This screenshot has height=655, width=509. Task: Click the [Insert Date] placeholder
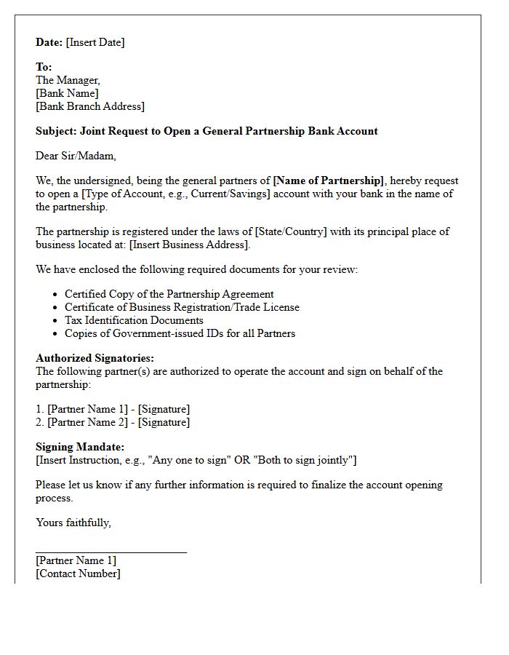pyautogui.click(x=95, y=42)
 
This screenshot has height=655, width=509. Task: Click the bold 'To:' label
pyautogui.click(x=44, y=67)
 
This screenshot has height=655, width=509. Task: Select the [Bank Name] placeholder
pyautogui.click(x=67, y=93)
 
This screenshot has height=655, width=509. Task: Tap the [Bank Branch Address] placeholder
pyautogui.click(x=90, y=106)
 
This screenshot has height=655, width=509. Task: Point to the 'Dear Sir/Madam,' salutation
pyautogui.click(x=76, y=156)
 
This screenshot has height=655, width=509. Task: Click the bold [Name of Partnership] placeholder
pyautogui.click(x=328, y=180)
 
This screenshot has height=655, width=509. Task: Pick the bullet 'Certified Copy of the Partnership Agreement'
pyautogui.click(x=169, y=294)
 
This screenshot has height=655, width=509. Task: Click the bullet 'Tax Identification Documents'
pyautogui.click(x=134, y=320)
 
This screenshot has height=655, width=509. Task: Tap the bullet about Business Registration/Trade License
pyautogui.click(x=182, y=307)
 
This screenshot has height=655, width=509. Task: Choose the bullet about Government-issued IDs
pyautogui.click(x=180, y=333)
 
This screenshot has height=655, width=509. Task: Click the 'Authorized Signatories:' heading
pyautogui.click(x=95, y=358)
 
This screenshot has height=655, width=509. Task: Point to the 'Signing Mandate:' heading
pyautogui.click(x=80, y=447)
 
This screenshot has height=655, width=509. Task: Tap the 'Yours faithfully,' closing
pyautogui.click(x=73, y=523)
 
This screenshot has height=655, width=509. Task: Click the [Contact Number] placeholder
pyautogui.click(x=78, y=573)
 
